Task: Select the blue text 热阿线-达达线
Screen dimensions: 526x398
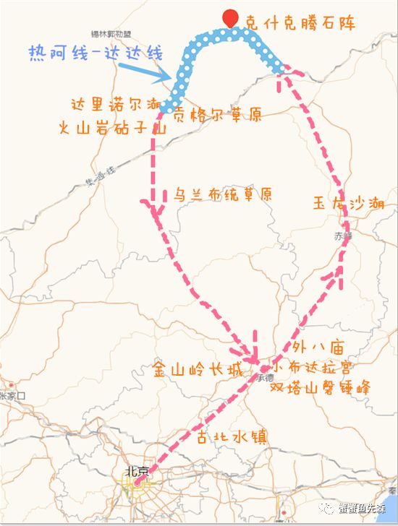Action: (95, 53)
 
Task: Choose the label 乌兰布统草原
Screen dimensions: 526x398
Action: (222, 195)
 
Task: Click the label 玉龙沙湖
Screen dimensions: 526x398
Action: (349, 203)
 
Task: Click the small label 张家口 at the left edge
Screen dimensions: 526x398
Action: (12, 396)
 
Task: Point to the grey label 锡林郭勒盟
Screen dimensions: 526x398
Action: (111, 34)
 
